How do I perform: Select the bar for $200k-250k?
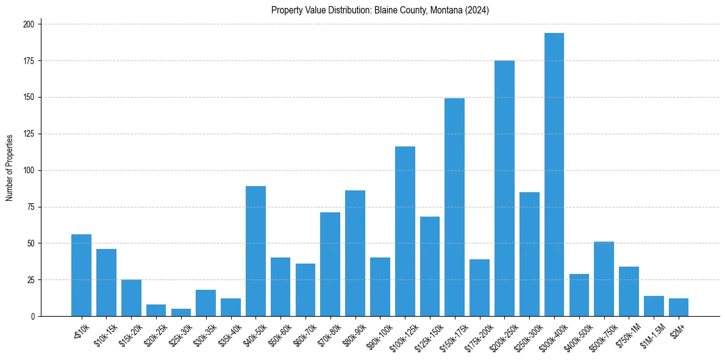pos(504,189)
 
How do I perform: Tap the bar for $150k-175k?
pos(454,207)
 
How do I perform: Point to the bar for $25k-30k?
pos(181,312)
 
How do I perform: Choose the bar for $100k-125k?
pos(405,231)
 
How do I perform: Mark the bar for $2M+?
pos(678,308)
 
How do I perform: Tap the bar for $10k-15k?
pos(106,283)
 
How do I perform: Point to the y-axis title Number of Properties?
pos(10,168)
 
